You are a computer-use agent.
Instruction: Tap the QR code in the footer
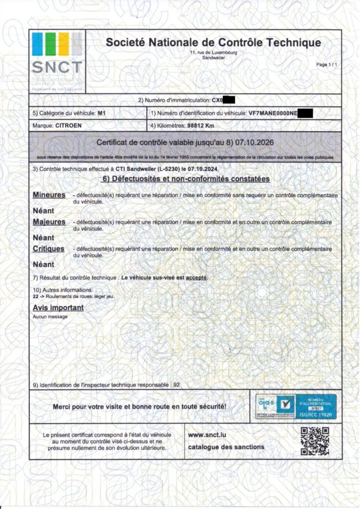coord(315,441)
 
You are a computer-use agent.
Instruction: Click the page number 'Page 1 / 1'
coord(327,65)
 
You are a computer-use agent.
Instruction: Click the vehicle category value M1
coord(102,113)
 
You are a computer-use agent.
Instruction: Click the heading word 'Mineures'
coord(49,195)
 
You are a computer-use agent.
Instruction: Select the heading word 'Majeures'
coord(49,222)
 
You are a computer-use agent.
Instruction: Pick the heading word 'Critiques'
coord(48,249)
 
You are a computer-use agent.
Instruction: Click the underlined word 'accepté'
coord(196,277)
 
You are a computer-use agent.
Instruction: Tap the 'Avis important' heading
coord(58,308)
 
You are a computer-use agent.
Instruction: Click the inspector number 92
coord(177,385)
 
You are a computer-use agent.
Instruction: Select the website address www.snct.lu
coord(208,435)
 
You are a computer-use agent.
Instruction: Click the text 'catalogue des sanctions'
coord(226,447)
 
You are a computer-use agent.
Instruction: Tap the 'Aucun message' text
coord(50,317)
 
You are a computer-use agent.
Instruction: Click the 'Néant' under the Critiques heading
coord(43,264)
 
